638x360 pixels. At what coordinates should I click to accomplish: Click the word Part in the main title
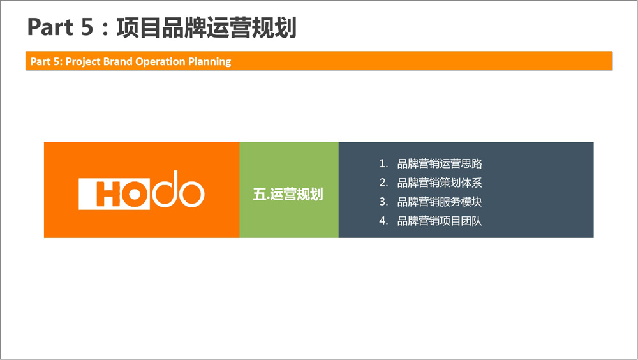coord(50,27)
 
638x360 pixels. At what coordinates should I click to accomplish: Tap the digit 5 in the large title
coord(87,27)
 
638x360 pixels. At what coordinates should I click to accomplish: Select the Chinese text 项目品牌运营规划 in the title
coord(206,27)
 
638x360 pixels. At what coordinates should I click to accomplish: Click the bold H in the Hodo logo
coord(108,193)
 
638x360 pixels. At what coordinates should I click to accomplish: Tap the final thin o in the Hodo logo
coord(191,194)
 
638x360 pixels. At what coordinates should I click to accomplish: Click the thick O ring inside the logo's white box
coord(134,193)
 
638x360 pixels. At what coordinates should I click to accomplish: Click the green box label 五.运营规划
coord(288,194)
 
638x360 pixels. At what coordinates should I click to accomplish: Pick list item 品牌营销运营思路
coord(440,163)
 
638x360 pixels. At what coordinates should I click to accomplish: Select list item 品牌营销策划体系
coord(440,183)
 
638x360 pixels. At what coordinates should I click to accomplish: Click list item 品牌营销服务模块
coord(440,202)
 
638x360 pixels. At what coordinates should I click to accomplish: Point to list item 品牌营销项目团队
coord(440,221)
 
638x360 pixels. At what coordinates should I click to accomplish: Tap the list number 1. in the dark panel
coord(383,163)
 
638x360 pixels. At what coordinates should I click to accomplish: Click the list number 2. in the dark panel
coord(383,183)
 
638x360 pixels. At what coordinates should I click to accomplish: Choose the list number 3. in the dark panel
coord(383,202)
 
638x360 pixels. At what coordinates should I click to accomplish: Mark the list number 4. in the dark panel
coord(383,221)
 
